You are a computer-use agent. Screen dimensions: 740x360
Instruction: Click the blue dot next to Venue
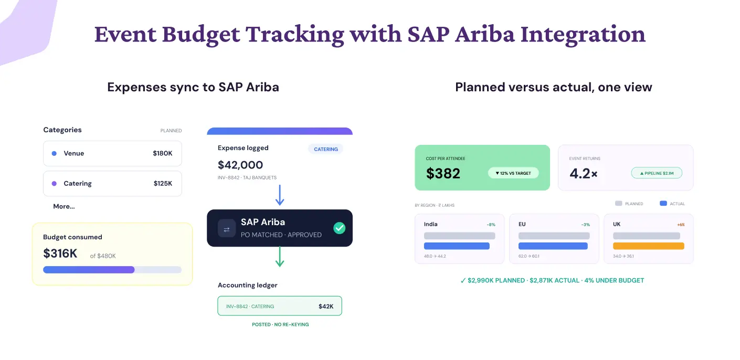click(54, 153)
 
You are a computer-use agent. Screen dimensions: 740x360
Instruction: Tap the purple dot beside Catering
click(54, 183)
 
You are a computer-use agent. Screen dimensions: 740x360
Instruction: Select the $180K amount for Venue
click(163, 153)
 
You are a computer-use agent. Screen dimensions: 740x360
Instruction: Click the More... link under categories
click(64, 206)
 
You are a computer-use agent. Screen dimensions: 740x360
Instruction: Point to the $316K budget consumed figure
click(60, 253)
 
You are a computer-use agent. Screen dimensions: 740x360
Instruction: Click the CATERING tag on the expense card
click(326, 149)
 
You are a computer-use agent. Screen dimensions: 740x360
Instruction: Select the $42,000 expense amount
click(240, 165)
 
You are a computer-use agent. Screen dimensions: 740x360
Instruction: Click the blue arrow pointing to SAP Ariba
click(280, 195)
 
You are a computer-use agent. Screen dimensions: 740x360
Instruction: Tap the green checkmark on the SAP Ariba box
click(339, 228)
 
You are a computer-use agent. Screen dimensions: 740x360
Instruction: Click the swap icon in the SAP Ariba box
click(227, 228)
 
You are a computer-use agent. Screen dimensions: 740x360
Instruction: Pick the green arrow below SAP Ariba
click(280, 257)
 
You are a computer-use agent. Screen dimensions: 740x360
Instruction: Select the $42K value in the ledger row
click(326, 306)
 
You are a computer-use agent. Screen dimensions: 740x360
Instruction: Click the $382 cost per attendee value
click(443, 173)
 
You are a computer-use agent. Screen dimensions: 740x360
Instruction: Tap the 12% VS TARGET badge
click(513, 173)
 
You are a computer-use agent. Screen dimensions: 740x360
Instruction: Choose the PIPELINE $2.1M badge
click(657, 173)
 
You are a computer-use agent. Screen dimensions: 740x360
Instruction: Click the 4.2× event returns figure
click(584, 173)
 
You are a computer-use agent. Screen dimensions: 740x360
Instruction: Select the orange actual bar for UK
click(649, 246)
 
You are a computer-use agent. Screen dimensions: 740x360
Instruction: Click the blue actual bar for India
click(457, 246)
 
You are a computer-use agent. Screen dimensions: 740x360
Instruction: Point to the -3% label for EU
click(585, 225)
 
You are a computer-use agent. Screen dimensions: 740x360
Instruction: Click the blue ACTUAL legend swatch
click(663, 204)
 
